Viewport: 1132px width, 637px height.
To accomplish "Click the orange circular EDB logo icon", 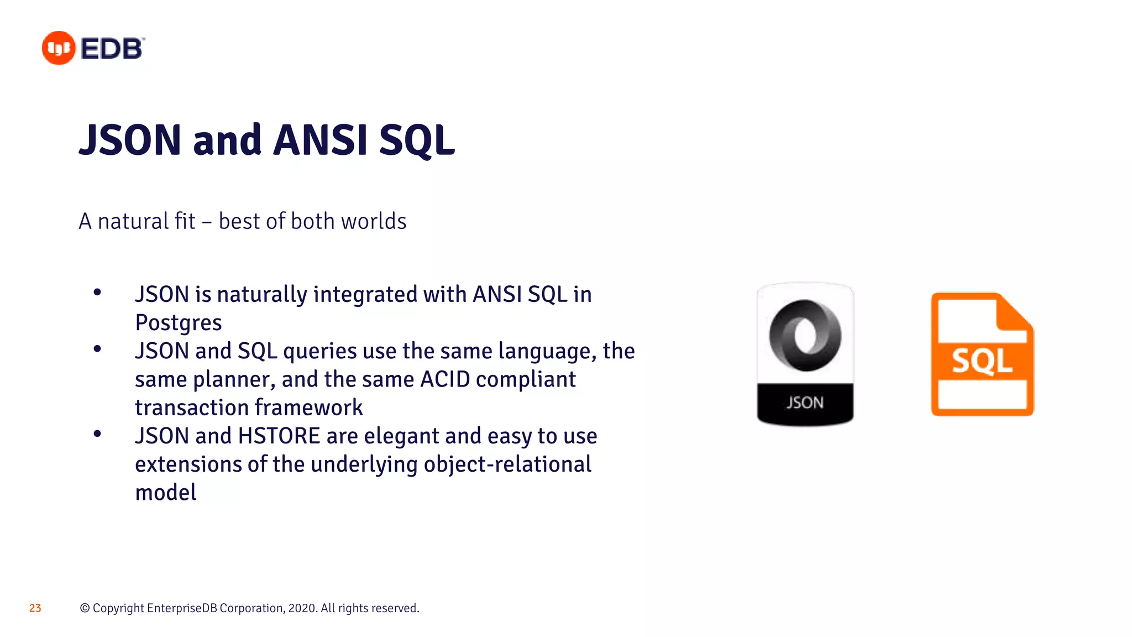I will coord(59,48).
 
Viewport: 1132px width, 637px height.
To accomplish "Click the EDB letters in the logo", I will coord(112,49).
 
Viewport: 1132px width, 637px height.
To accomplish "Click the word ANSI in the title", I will coord(320,140).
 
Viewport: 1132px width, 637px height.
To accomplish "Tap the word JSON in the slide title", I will coord(131,140).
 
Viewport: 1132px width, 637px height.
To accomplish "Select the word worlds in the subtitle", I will coord(374,221).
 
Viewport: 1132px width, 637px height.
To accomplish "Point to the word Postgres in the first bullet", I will coord(179,323).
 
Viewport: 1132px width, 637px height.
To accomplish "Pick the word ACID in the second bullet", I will coord(445,379).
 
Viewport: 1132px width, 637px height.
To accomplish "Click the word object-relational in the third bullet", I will coord(507,464).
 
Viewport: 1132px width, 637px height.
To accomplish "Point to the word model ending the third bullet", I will coord(166,492).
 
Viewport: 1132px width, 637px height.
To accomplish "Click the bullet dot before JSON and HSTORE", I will coord(97,434).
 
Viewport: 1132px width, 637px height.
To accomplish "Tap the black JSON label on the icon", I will coord(805,403).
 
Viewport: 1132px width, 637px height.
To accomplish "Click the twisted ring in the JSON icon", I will coord(805,335).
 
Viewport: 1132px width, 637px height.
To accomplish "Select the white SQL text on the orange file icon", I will coord(982,361).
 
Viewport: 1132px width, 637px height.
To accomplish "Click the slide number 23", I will coord(35,608).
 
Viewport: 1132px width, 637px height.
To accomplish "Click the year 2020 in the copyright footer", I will coord(302,608).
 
